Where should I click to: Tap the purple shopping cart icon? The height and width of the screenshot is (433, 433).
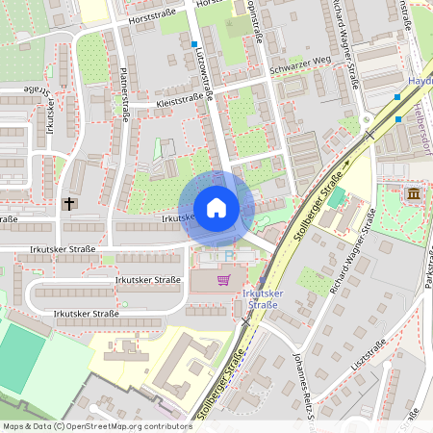tap(223, 280)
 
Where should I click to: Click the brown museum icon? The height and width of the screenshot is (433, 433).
tap(414, 195)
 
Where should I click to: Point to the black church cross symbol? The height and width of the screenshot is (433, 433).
tap(69, 204)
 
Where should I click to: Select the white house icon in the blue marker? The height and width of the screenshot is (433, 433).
tap(216, 207)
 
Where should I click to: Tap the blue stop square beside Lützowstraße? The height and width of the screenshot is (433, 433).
tap(194, 44)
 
